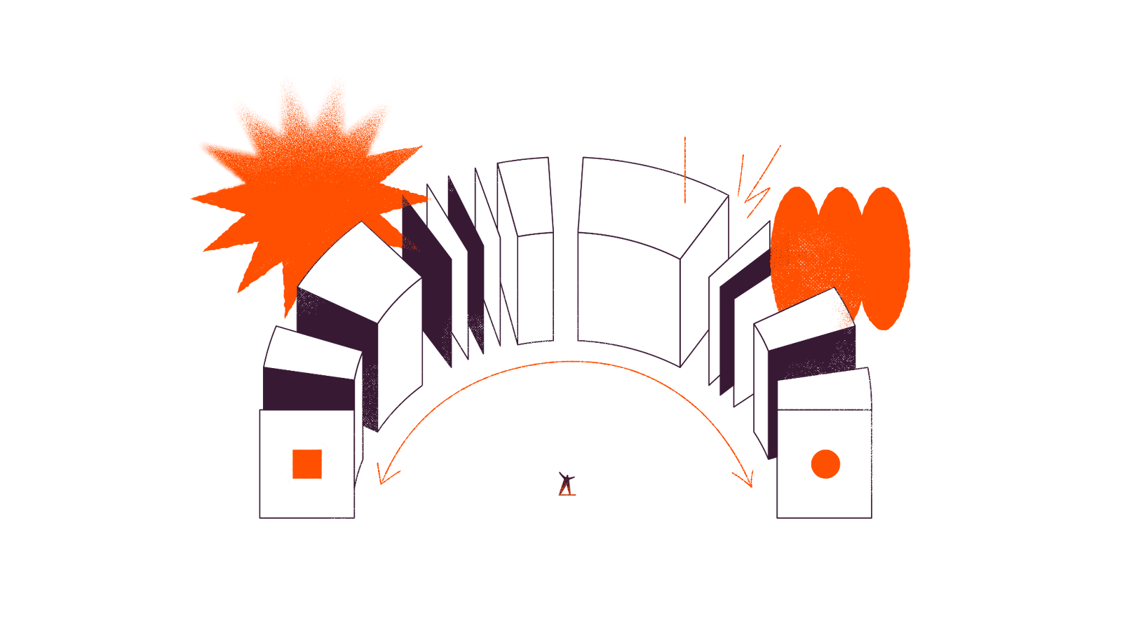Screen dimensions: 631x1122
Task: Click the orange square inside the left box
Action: pyautogui.click(x=307, y=464)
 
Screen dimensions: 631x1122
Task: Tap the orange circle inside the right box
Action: pyautogui.click(x=825, y=464)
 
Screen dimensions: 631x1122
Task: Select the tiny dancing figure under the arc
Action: pyautogui.click(x=566, y=484)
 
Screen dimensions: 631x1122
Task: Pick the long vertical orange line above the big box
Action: pyautogui.click(x=685, y=170)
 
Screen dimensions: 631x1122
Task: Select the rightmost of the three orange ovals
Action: pyautogui.click(x=884, y=258)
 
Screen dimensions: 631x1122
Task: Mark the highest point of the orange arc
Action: pyautogui.click(x=572, y=362)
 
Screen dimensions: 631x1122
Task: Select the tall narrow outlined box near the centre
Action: pyautogui.click(x=534, y=287)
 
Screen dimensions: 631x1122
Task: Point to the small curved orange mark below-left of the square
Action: pyautogui.click(x=288, y=480)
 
